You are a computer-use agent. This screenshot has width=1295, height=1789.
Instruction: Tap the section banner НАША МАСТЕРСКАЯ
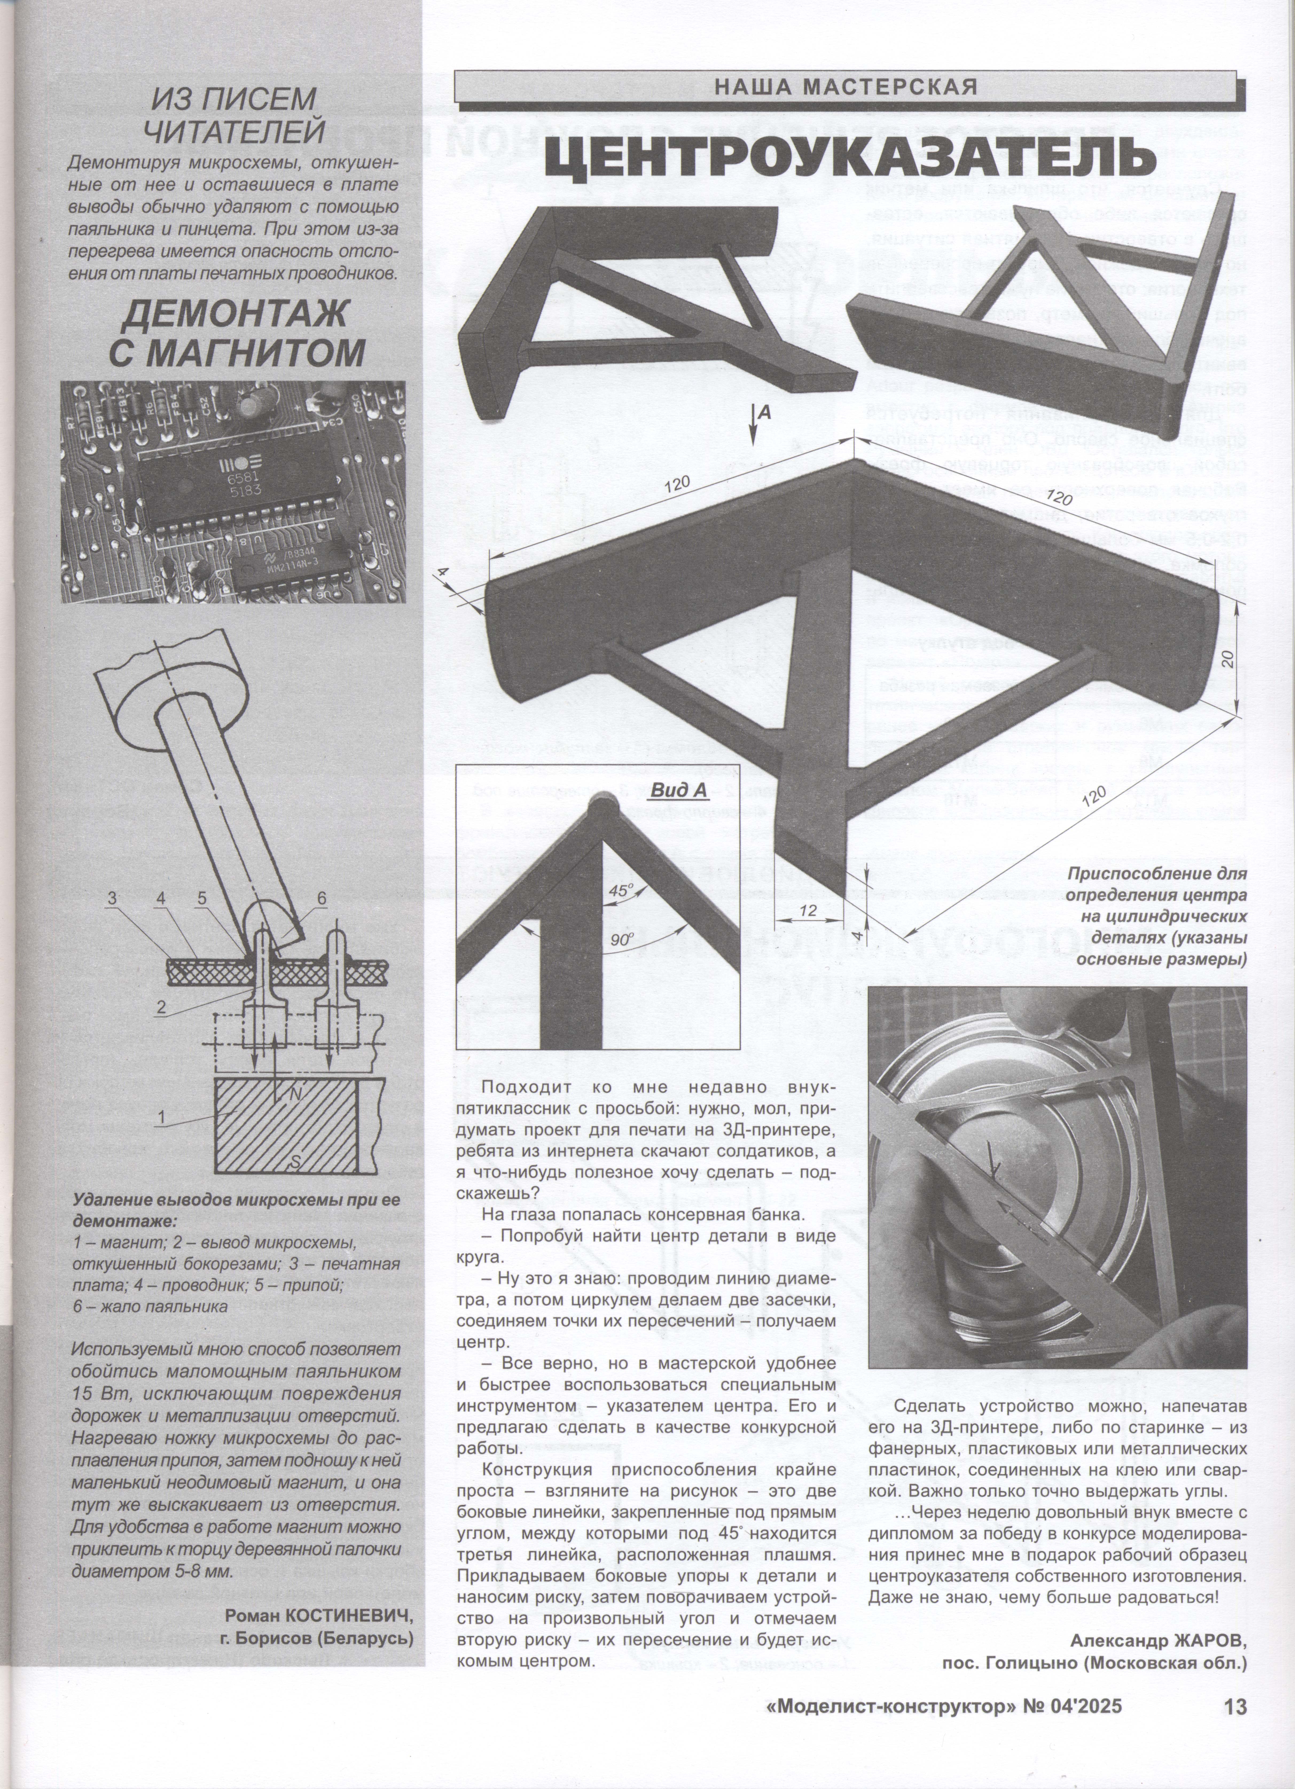[x=845, y=86]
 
